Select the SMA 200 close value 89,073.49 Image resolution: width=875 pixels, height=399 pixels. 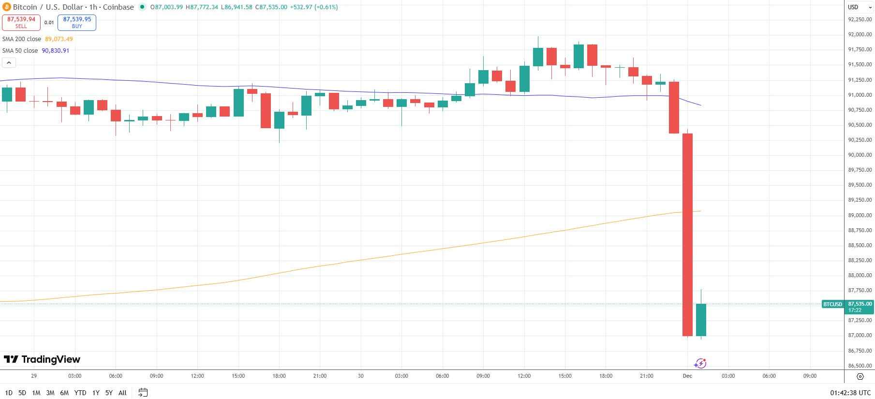pyautogui.click(x=59, y=39)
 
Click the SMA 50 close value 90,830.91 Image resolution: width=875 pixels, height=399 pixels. pyautogui.click(x=57, y=51)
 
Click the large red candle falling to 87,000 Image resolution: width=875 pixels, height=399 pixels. pyautogui.click(x=687, y=235)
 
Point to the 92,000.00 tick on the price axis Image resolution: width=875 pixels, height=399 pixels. pyautogui.click(x=860, y=35)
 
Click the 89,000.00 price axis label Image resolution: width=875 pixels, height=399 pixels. pyautogui.click(x=860, y=215)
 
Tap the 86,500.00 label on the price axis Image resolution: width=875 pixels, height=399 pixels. pyautogui.click(x=860, y=366)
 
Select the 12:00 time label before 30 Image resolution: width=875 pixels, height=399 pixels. pyautogui.click(x=197, y=376)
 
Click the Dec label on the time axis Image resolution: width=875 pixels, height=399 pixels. pyautogui.click(x=687, y=376)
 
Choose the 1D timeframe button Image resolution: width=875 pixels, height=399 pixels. pyautogui.click(x=9, y=393)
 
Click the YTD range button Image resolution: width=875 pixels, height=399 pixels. pyautogui.click(x=80, y=393)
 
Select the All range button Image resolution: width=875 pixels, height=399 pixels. pyautogui.click(x=122, y=393)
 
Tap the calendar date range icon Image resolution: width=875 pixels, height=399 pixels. pyautogui.click(x=143, y=393)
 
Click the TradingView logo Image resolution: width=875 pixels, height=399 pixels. pyautogui.click(x=42, y=359)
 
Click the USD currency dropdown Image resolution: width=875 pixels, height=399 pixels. pyautogui.click(x=857, y=7)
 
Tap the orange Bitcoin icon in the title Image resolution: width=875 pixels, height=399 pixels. pyautogui.click(x=6, y=7)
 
